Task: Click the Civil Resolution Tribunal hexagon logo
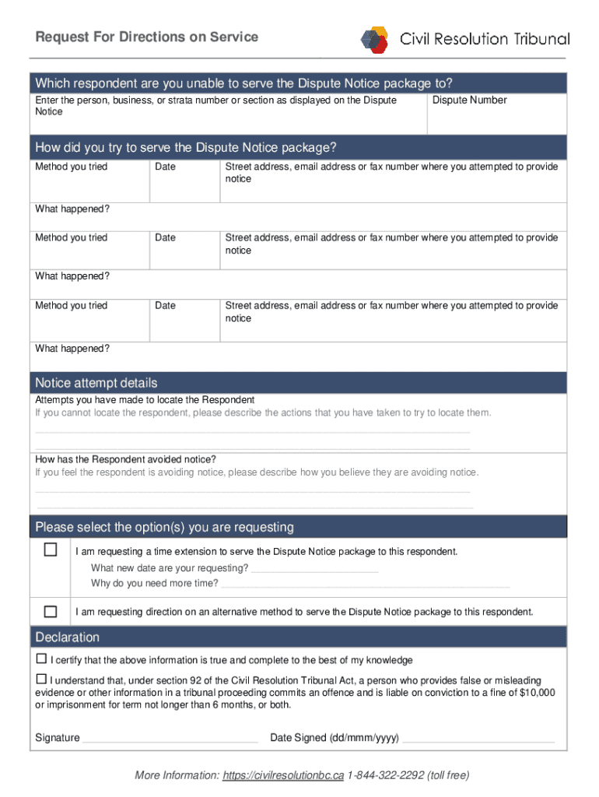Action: (x=374, y=39)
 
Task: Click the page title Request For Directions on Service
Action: (x=147, y=37)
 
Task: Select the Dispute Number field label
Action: (x=469, y=100)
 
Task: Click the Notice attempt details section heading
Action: (x=96, y=382)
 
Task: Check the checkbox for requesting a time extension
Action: (x=51, y=550)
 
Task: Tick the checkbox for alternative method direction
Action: (x=51, y=611)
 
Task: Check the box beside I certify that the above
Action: (x=41, y=658)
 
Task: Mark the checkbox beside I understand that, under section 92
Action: (x=41, y=679)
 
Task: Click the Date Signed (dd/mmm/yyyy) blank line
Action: (x=478, y=738)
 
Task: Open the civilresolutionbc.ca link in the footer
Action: (x=282, y=775)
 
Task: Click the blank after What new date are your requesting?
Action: (x=315, y=568)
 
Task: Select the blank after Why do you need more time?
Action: (x=365, y=584)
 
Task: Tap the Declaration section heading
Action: (x=68, y=637)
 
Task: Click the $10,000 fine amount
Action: (x=537, y=693)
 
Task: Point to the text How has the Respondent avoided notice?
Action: (x=126, y=459)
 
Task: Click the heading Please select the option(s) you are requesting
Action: (x=165, y=527)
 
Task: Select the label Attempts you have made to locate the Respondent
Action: (x=145, y=399)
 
